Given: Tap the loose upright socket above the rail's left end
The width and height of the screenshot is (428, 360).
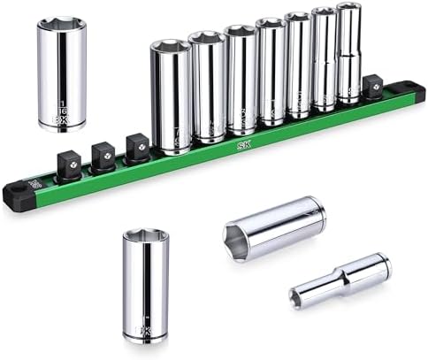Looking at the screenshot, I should click(x=62, y=75).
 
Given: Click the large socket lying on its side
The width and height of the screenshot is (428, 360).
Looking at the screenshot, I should click(x=274, y=227).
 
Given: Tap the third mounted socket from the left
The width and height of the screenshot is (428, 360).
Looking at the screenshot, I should click(x=240, y=80).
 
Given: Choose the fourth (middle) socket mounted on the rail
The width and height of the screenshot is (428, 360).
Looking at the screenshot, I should click(x=271, y=73).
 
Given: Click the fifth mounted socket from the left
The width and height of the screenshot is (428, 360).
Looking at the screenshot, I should click(x=298, y=67).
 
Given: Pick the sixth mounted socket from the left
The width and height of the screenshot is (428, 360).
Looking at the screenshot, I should click(x=325, y=60).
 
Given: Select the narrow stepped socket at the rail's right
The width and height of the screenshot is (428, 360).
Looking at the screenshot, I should click(x=348, y=53).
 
